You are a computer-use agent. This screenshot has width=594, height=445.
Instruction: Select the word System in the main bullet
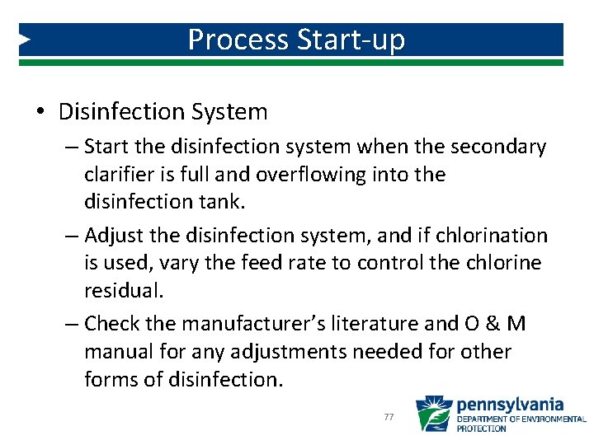click(229, 111)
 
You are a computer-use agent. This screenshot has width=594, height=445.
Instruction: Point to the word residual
click(121, 290)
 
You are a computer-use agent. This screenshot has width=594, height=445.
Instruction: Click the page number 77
click(389, 418)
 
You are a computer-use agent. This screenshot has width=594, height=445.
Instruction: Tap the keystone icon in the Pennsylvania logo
click(433, 414)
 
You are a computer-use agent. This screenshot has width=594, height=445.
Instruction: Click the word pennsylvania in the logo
click(510, 405)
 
